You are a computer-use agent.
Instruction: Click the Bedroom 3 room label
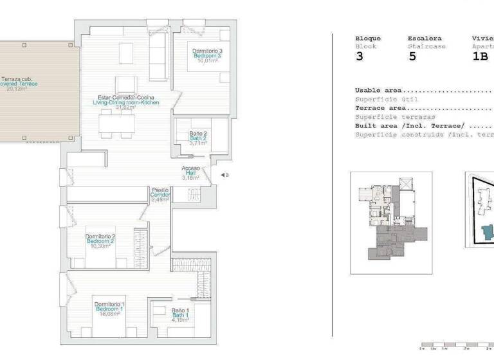(x=207, y=56)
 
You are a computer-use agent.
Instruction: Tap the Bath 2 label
(x=197, y=138)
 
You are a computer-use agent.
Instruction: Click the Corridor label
(x=160, y=194)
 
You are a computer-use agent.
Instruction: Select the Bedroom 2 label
(x=100, y=241)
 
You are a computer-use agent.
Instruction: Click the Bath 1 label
(x=179, y=315)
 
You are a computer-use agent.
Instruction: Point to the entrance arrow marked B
(x=223, y=175)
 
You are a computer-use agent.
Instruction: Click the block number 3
(x=359, y=57)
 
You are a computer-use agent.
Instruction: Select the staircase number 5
(x=412, y=57)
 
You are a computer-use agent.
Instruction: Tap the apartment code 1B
(x=480, y=57)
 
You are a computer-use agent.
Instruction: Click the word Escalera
(x=424, y=38)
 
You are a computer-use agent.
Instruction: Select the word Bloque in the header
(x=368, y=38)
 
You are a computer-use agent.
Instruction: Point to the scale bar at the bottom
(x=455, y=346)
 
